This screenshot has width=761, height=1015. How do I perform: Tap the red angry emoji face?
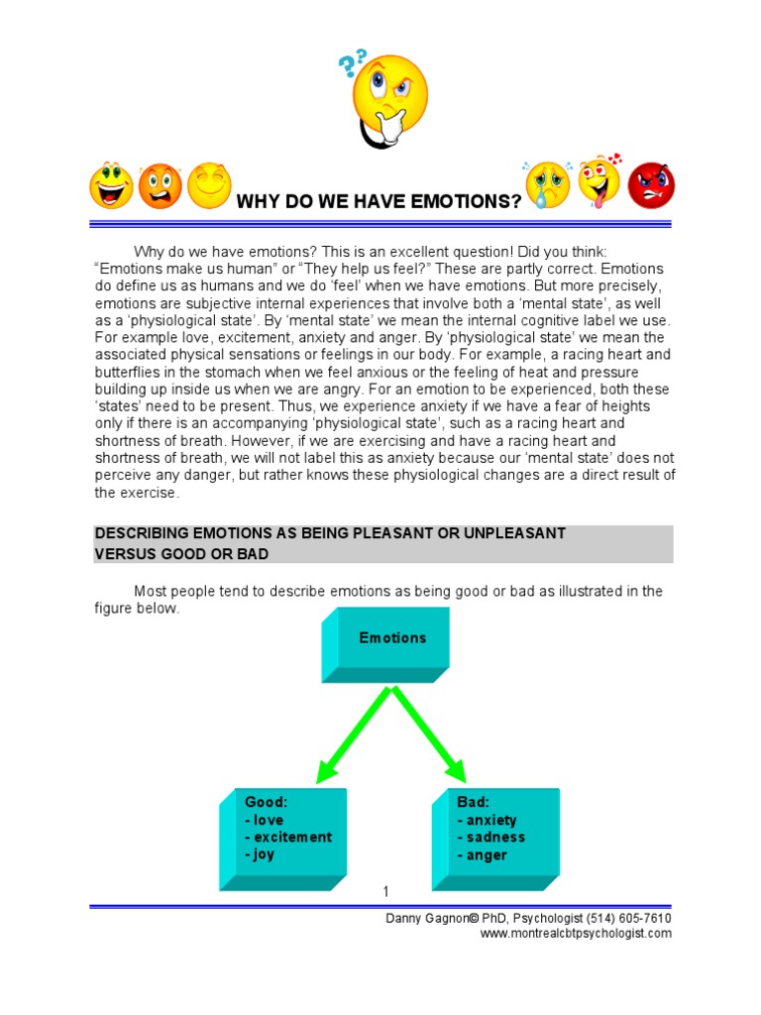651,184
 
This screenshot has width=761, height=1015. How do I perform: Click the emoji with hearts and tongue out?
599,182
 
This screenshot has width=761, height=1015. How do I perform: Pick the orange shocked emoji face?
160,186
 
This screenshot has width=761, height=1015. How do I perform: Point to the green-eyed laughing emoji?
111,186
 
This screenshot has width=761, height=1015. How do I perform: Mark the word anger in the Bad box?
487,854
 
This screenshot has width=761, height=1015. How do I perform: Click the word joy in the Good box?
264,854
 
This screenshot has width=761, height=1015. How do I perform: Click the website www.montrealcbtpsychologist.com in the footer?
576,933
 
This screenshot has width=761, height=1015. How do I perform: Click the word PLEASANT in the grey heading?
384,533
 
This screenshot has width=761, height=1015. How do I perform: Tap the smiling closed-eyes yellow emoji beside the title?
208,185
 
